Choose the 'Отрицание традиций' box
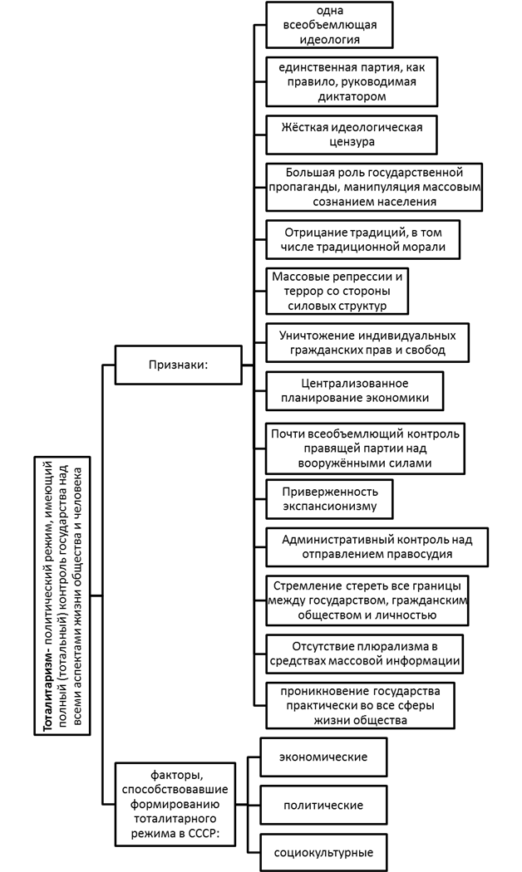click(x=362, y=238)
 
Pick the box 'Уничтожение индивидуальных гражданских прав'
click(x=367, y=343)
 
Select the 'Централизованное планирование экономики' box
click(x=354, y=391)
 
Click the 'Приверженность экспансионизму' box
click(x=329, y=499)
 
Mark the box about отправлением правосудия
click(x=377, y=546)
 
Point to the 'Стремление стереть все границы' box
click(x=367, y=599)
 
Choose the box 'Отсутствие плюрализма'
click(x=364, y=654)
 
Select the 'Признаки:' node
click(x=177, y=364)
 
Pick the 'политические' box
click(x=323, y=806)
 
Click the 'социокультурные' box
click(x=323, y=852)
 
